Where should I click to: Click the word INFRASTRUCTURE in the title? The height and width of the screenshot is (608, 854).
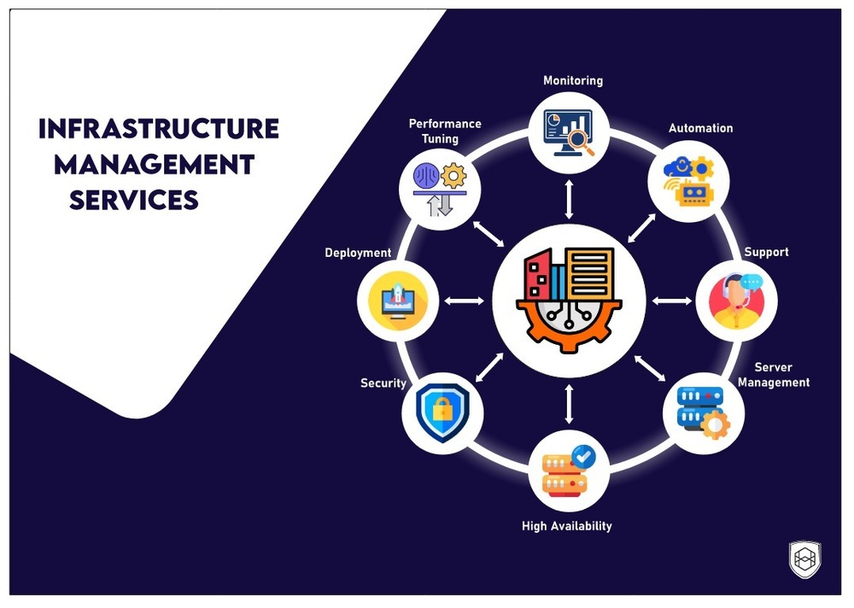pos(159,129)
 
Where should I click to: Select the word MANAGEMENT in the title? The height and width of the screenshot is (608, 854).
pos(155,164)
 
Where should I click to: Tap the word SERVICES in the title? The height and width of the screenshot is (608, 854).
pos(134,200)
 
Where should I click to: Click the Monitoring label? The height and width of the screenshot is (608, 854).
pos(573,80)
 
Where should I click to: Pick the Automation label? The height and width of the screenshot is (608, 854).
pos(700,128)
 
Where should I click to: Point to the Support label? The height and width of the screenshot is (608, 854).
pos(766,252)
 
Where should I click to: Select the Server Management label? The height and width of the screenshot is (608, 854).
pos(774,375)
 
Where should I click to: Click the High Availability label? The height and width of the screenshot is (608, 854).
pos(567,526)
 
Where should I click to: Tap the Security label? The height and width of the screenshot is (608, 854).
pos(383,383)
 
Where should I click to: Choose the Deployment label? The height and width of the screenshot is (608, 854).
pos(358,253)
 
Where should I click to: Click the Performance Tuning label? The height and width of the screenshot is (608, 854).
pos(445,131)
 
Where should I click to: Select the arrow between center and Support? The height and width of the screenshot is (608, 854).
pos(672,300)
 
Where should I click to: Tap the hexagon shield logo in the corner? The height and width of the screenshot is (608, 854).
pos(805,559)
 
